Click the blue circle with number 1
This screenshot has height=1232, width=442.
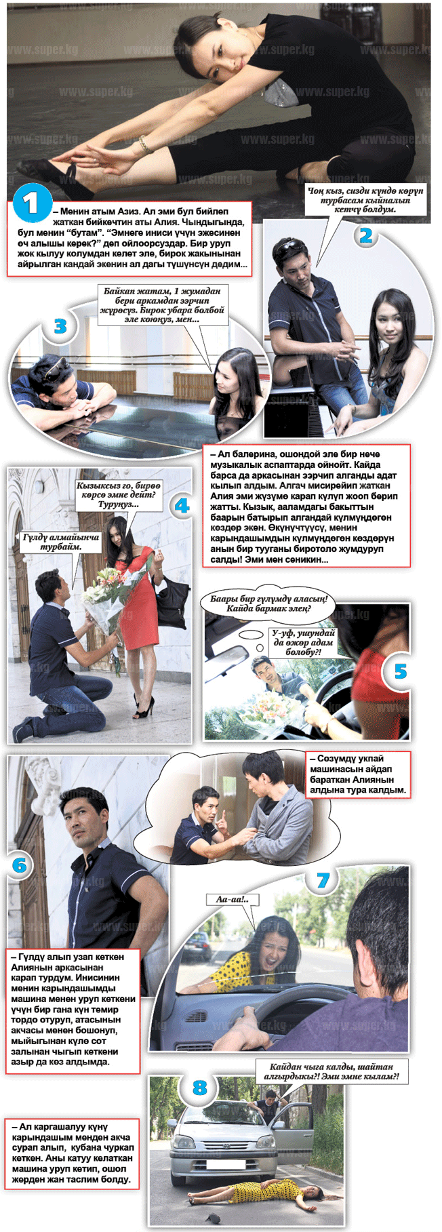point(32,203)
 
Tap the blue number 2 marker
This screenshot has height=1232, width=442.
point(366,235)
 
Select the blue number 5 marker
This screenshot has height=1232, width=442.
point(401,671)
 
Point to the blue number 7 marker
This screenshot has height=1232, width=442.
point(323,880)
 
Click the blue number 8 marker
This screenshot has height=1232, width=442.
point(199,1088)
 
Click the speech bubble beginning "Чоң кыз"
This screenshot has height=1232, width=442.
point(365,200)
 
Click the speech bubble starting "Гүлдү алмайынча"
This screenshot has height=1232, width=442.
point(61,542)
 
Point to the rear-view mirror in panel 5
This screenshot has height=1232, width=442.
point(228,656)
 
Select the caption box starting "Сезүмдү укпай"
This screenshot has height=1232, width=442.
point(358,774)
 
